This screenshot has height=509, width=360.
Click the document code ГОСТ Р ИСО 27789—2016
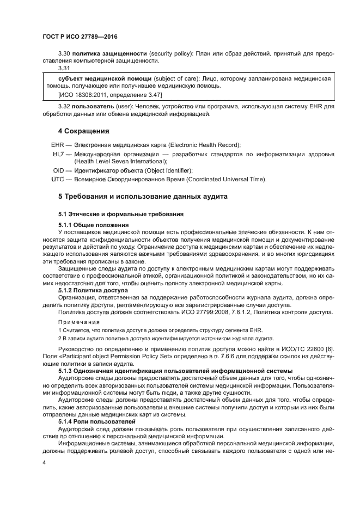(x=80, y=37)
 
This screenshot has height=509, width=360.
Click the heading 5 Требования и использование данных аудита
(x=143, y=196)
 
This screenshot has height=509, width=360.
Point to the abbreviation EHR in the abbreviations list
(x=58, y=144)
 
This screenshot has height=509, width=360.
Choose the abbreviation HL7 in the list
(x=58, y=155)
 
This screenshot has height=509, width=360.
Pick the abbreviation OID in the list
(x=58, y=170)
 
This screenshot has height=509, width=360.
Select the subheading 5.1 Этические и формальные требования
(x=120, y=213)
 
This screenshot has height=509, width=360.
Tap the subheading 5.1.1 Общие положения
(x=93, y=225)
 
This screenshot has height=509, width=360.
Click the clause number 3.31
(x=64, y=68)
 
